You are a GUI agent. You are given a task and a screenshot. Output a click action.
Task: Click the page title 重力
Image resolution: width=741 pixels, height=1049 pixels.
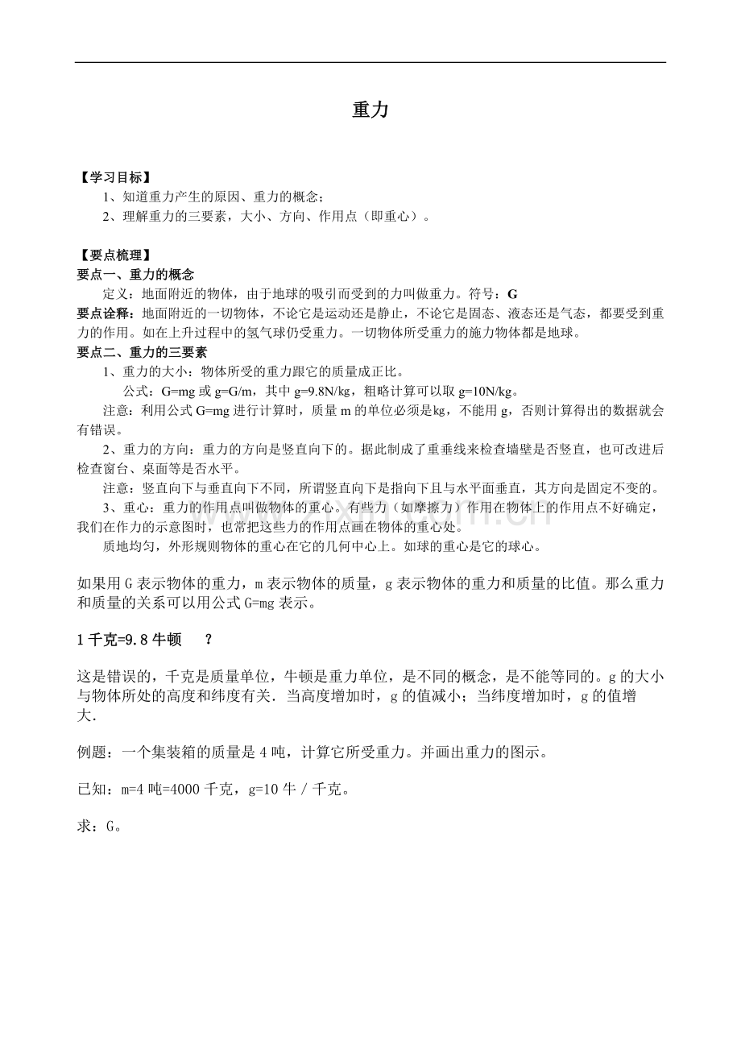pos(370,110)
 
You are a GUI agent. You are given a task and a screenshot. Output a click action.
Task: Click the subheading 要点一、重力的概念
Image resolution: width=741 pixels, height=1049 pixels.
pos(135,275)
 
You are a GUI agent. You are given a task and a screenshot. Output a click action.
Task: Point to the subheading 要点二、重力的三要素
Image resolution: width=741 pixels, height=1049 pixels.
pos(142,352)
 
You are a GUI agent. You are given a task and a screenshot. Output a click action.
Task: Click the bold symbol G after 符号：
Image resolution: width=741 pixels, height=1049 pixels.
pos(513,294)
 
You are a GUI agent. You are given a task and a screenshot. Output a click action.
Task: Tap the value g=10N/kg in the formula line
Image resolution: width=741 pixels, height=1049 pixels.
pos(487,392)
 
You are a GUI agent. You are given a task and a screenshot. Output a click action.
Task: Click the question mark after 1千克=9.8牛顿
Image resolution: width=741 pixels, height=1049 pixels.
pos(209,640)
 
